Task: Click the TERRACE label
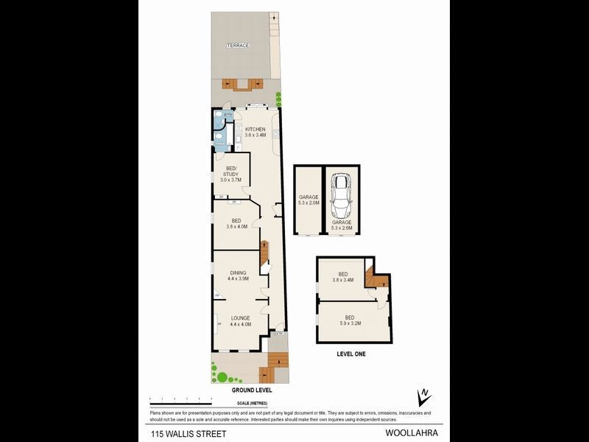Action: [x=238, y=46]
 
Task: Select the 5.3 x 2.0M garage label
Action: [x=308, y=200]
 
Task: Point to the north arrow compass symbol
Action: [x=423, y=397]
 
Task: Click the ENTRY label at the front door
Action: [x=277, y=334]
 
